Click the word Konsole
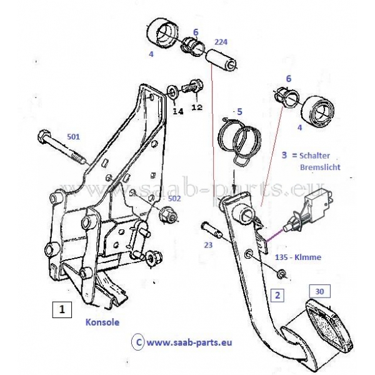click(102, 322)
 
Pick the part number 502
click(176, 197)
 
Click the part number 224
click(221, 42)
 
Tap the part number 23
click(208, 246)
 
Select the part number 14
click(178, 111)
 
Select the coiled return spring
click(238, 140)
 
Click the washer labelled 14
click(172, 94)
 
